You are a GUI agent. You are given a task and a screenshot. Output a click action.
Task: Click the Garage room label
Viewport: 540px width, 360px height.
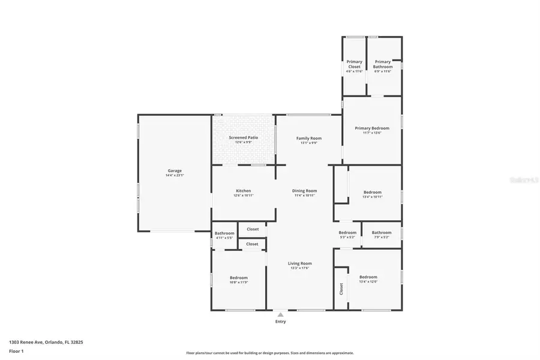(x=175, y=170)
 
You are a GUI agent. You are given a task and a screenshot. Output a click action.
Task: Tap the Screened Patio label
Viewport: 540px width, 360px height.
(x=244, y=137)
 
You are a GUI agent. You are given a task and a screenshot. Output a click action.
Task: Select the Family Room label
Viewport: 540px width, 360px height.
(x=309, y=138)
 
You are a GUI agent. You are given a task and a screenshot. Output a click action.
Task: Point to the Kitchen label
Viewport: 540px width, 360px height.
(x=243, y=191)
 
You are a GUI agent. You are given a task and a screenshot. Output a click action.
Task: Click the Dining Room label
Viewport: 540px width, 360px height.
(x=305, y=191)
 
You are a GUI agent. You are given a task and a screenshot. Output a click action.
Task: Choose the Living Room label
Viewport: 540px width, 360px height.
(x=299, y=263)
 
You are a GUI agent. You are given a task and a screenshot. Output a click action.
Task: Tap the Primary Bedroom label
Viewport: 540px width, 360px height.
(x=372, y=128)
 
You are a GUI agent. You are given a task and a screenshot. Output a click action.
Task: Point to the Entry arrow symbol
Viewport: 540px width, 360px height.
(x=280, y=314)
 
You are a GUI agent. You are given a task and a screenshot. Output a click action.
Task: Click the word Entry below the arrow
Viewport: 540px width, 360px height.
(x=280, y=322)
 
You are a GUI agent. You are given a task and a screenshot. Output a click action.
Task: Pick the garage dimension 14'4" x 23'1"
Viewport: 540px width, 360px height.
(x=175, y=175)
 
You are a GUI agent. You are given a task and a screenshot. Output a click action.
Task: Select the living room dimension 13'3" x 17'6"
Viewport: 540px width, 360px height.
(x=299, y=268)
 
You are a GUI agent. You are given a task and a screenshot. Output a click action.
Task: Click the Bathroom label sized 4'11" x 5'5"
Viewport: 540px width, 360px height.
(x=224, y=233)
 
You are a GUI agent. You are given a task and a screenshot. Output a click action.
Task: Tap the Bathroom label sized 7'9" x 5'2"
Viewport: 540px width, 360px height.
(x=382, y=232)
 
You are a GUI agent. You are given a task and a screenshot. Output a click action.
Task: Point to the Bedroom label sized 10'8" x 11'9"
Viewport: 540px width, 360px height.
(x=239, y=277)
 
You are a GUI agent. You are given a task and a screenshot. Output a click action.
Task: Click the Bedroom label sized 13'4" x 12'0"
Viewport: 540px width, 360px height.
(x=368, y=277)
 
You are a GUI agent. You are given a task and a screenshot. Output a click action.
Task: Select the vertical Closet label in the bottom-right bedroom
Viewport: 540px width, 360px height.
(x=341, y=289)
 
